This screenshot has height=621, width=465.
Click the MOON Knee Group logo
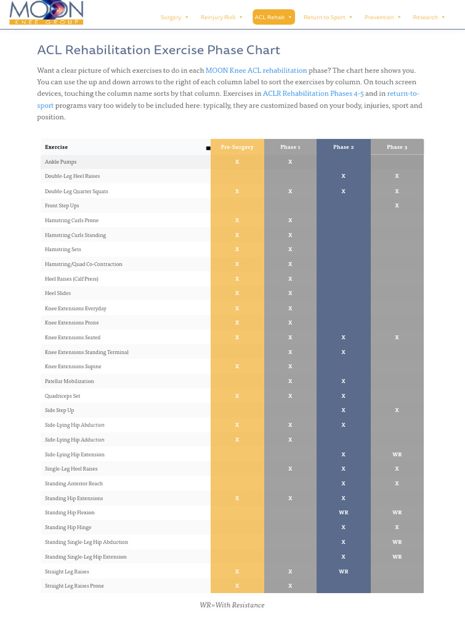[46, 13]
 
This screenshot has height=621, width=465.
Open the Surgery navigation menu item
[174, 18]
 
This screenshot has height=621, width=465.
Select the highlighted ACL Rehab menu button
[273, 18]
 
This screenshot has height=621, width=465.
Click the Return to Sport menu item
[328, 18]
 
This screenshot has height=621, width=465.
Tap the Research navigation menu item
[428, 18]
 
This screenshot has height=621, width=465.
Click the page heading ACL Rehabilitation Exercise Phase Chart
[159, 50]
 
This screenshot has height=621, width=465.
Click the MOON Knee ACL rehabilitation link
[256, 70]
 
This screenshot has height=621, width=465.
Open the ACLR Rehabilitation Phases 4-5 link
[312, 93]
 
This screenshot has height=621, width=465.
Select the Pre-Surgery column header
[237, 147]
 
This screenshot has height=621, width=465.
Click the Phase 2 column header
[343, 147]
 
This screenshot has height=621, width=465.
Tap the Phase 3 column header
[397, 147]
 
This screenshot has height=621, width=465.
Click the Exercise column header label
[56, 147]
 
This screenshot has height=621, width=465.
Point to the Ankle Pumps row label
[61, 162]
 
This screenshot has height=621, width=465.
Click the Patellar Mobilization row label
[69, 381]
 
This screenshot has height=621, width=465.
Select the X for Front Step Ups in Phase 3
[397, 206]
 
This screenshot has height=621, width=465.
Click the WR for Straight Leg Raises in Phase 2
[343, 571]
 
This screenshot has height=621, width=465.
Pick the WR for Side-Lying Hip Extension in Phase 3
[397, 454]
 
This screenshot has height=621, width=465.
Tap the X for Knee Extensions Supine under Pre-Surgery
[237, 366]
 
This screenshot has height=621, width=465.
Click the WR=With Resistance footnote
[232, 605]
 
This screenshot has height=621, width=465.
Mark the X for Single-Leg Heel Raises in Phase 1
[290, 469]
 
